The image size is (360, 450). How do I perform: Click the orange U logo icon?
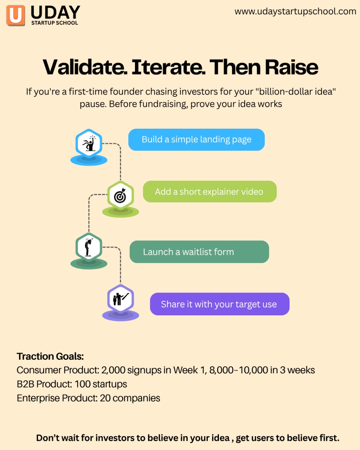click(x=15, y=15)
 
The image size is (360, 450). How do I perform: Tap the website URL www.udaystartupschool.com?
click(x=295, y=11)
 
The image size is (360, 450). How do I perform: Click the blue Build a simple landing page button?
click(x=197, y=140)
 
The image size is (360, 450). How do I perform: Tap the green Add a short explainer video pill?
click(x=210, y=192)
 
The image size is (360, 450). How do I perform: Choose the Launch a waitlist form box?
click(x=199, y=252)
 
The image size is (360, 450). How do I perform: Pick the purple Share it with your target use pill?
click(x=220, y=304)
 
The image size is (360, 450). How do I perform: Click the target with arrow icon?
click(x=120, y=195)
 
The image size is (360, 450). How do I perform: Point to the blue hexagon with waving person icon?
click(x=89, y=143)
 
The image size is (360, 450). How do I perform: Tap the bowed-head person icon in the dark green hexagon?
click(x=89, y=247)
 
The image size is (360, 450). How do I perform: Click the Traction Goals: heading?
click(x=50, y=356)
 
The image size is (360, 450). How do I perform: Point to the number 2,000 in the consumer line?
click(x=113, y=370)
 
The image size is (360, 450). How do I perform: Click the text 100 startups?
click(x=101, y=384)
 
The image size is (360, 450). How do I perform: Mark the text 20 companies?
click(x=130, y=398)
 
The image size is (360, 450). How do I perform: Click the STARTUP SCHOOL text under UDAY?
click(x=54, y=23)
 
